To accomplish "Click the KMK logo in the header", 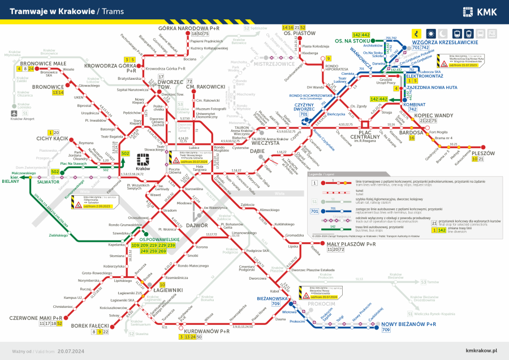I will [x=480, y=11].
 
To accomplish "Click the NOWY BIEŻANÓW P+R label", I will [x=408, y=324].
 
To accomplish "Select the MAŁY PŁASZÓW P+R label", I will [x=351, y=244].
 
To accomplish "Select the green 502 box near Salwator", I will [x=55, y=172].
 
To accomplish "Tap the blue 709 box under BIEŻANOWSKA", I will [x=275, y=305].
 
